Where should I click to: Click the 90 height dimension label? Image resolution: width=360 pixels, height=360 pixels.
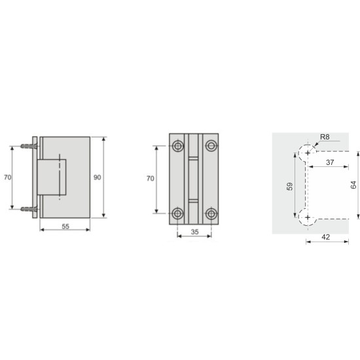pyautogui.click(x=97, y=177)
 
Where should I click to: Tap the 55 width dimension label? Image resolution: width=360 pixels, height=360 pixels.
pyautogui.click(x=65, y=226)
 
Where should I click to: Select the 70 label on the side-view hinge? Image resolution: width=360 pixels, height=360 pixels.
pyautogui.click(x=7, y=177)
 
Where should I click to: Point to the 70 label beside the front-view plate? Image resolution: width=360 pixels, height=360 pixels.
pyautogui.click(x=151, y=179)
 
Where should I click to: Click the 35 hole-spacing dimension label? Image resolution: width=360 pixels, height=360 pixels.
pyautogui.click(x=194, y=232)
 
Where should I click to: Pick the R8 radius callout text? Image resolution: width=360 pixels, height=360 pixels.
pyautogui.click(x=325, y=137)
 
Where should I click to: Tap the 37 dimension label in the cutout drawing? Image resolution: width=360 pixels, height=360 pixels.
pyautogui.click(x=330, y=162)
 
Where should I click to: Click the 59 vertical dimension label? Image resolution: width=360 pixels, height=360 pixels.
pyautogui.click(x=290, y=187)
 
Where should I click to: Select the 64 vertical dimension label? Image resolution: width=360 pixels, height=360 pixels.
pyautogui.click(x=353, y=185)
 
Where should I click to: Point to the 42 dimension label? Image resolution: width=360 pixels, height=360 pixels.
pyautogui.click(x=326, y=237)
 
